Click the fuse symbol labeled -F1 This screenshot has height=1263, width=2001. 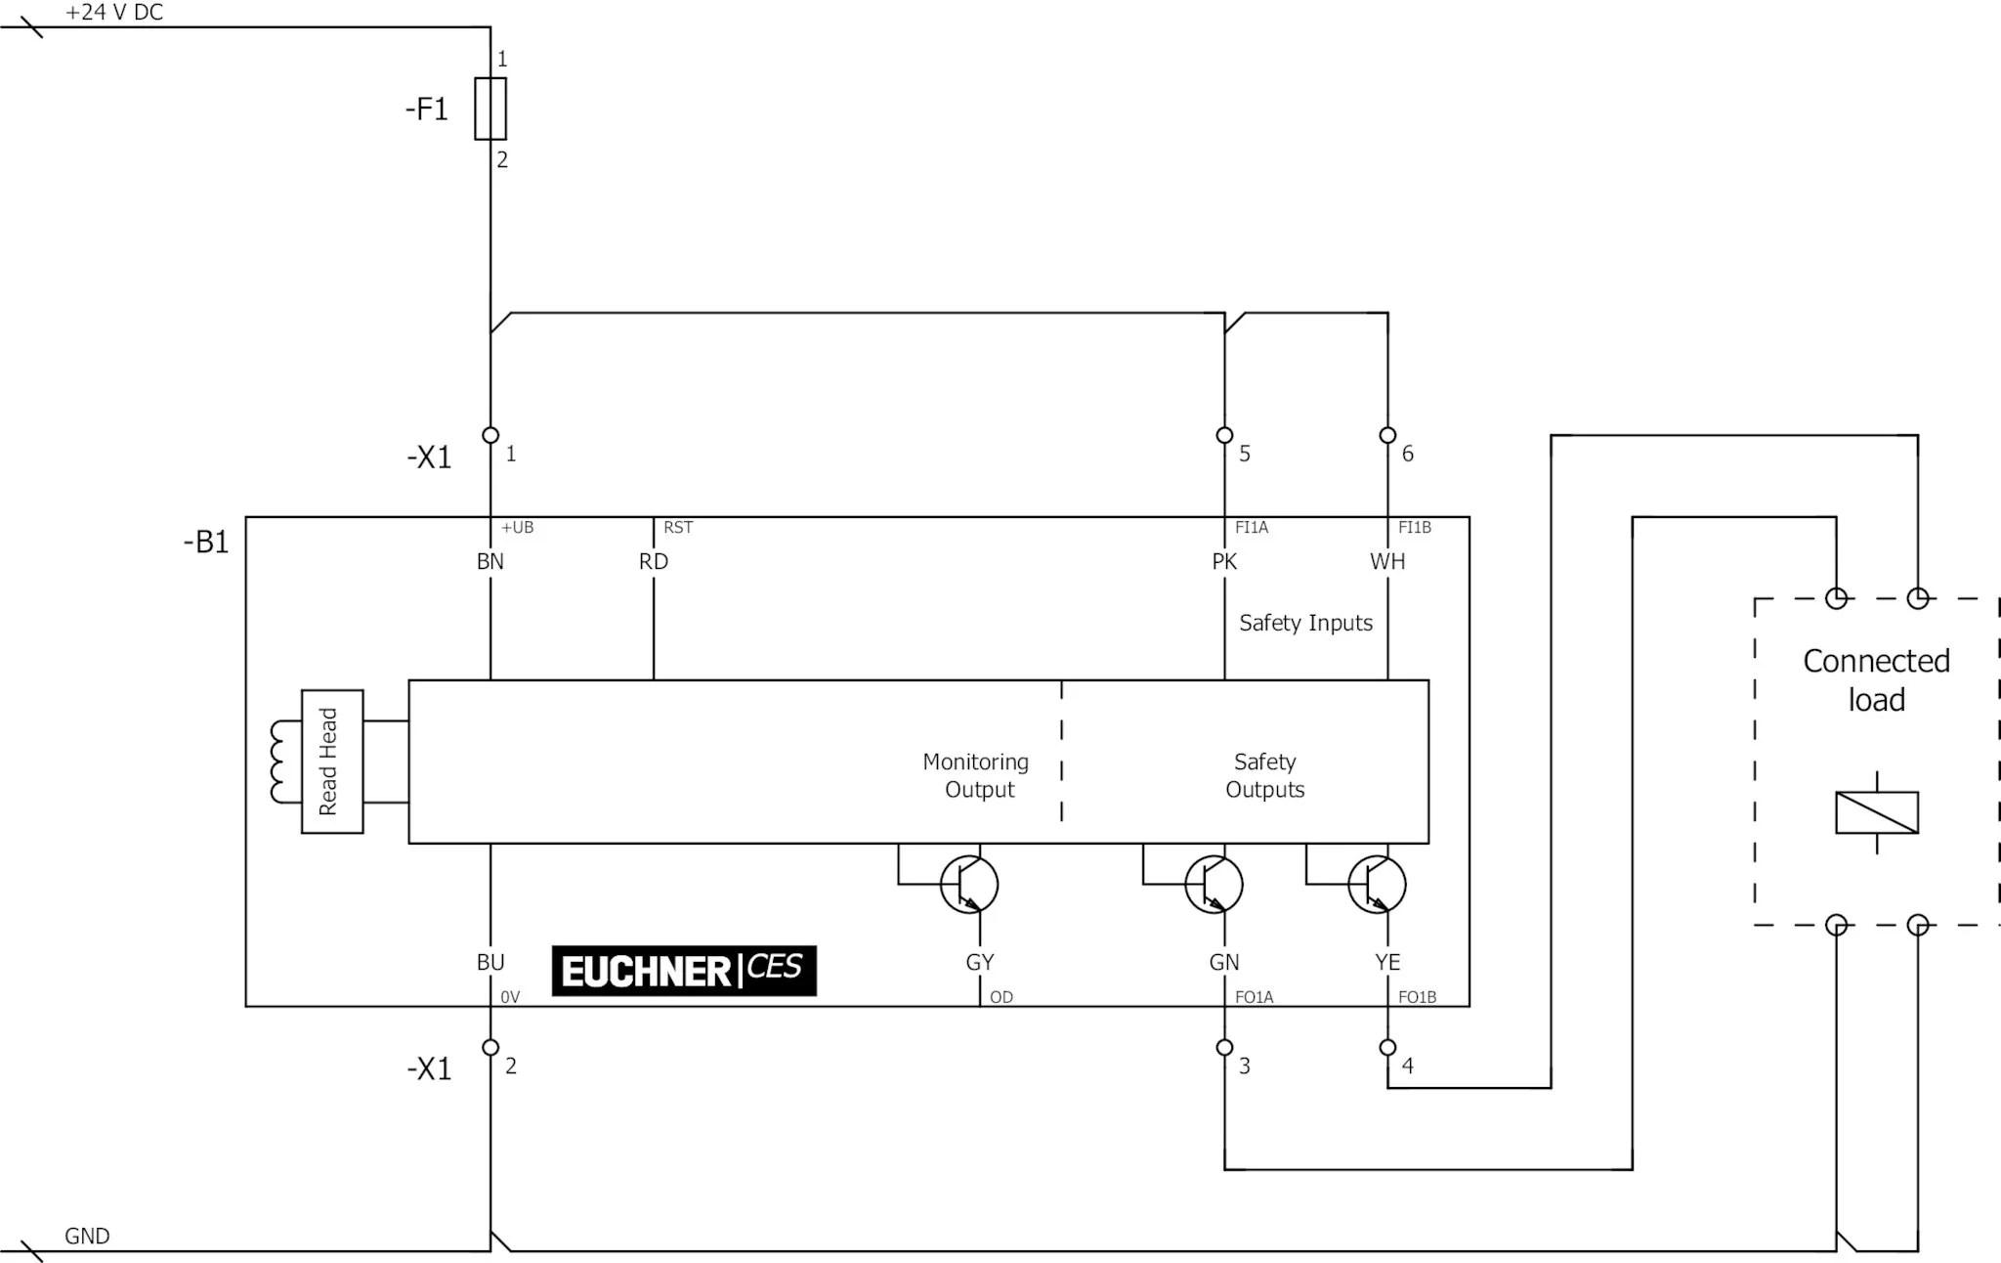490,109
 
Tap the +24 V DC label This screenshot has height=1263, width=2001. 113,13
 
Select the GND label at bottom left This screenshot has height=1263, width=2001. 87,1236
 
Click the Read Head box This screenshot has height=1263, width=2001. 331,762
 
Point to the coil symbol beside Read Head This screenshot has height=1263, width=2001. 284,762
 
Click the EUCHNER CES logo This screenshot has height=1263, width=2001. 683,970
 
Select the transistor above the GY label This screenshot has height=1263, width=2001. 969,885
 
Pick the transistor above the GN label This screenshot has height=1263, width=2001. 1213,885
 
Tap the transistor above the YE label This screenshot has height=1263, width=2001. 1377,885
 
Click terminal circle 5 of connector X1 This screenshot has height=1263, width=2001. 1224,435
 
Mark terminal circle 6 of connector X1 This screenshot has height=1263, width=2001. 1387,435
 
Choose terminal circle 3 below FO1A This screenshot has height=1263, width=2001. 1224,1047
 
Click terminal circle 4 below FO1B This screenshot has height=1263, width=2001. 1387,1047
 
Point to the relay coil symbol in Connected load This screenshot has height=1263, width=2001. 1876,812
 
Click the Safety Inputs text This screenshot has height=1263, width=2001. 1305,623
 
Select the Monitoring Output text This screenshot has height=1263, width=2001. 976,775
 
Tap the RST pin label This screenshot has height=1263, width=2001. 678,528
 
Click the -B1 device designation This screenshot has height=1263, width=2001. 206,542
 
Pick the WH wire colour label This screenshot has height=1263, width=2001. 1387,561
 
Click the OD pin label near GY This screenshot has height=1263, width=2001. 1001,997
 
